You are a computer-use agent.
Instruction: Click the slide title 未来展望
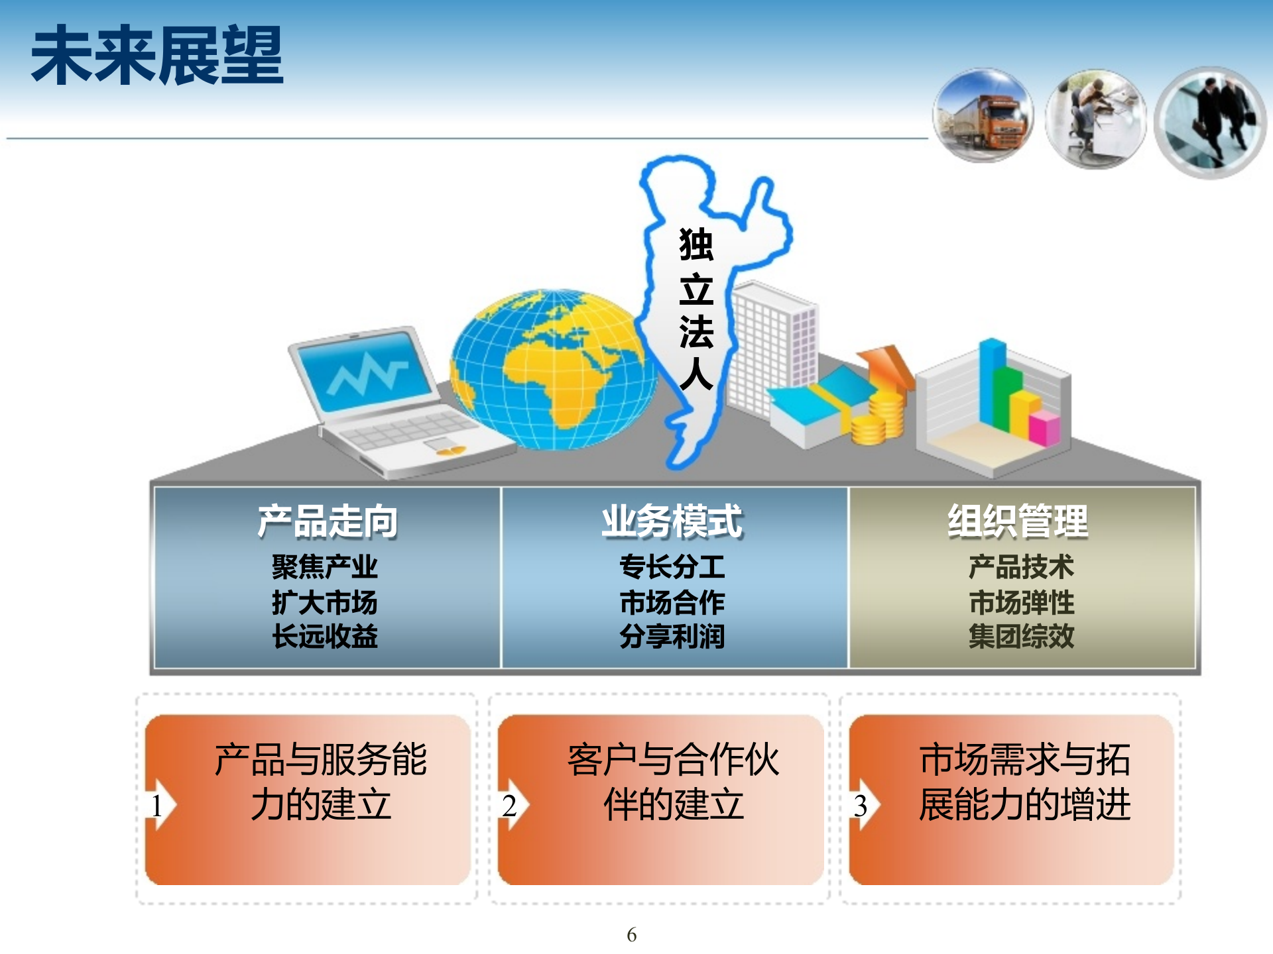(157, 56)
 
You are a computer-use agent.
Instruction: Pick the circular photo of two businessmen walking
(1210, 123)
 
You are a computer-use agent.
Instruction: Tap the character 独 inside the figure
(696, 244)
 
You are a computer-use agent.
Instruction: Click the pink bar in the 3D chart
(1044, 427)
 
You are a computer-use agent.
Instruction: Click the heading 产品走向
(327, 521)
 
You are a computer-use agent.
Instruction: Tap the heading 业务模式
(672, 521)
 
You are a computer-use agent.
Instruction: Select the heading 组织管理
(1018, 521)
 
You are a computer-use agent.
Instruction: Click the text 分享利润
(672, 637)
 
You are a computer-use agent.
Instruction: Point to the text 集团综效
(1021, 637)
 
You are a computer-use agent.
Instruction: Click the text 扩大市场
(324, 602)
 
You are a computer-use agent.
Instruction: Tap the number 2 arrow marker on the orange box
(511, 806)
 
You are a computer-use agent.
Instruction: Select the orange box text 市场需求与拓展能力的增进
(1024, 782)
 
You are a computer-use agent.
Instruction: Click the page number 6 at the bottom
(631, 935)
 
